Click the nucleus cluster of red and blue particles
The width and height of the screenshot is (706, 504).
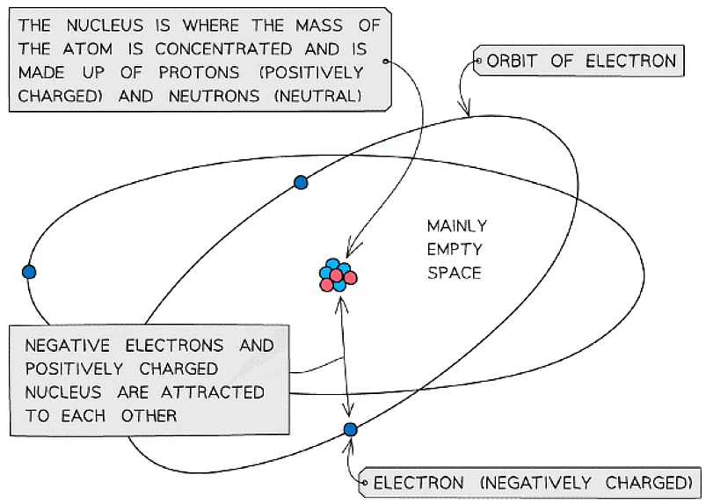(x=338, y=276)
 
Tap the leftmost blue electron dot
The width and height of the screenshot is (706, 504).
(x=29, y=272)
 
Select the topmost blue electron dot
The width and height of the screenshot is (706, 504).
(x=301, y=182)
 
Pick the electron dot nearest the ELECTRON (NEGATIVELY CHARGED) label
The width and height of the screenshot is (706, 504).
(x=350, y=429)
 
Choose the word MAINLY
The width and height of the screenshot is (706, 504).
(x=457, y=226)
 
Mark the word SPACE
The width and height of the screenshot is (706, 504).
(x=455, y=273)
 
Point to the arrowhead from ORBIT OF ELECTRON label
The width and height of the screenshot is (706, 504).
(x=468, y=110)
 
